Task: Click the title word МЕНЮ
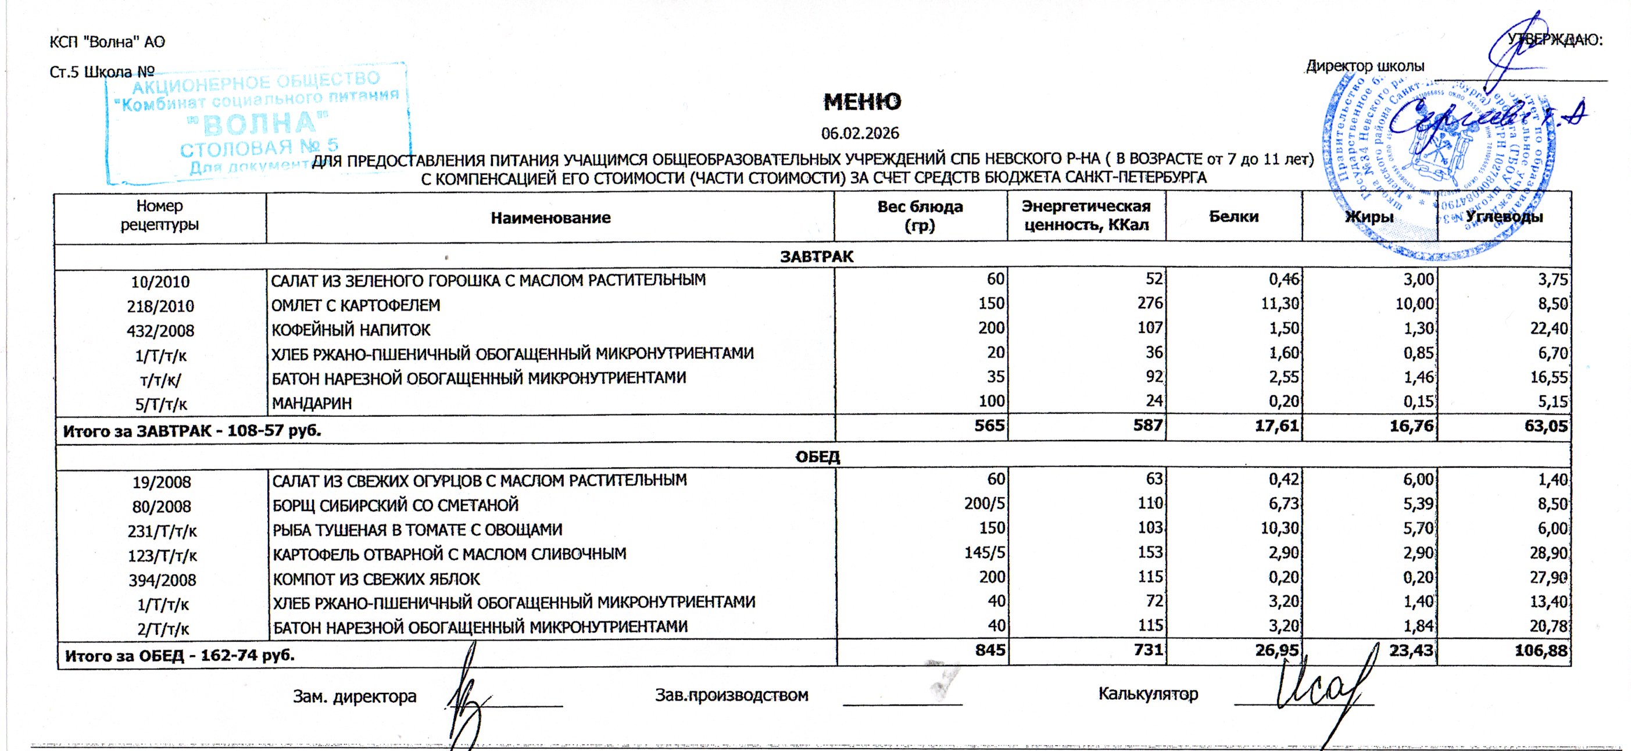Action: click(x=863, y=102)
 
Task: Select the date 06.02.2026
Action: click(x=860, y=134)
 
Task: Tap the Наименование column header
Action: click(x=550, y=218)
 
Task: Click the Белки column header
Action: click(x=1233, y=217)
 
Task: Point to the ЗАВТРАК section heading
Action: click(x=816, y=256)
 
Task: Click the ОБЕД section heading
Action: click(x=817, y=456)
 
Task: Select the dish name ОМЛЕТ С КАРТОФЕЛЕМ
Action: click(x=355, y=305)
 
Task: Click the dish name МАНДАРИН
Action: click(x=312, y=403)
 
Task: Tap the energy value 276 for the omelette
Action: click(x=1150, y=303)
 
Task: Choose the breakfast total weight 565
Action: click(x=991, y=425)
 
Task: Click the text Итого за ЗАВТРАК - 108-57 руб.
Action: click(x=192, y=431)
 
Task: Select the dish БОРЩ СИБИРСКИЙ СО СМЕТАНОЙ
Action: click(x=395, y=505)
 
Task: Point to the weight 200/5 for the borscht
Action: click(x=985, y=503)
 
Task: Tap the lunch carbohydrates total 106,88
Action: click(x=1544, y=651)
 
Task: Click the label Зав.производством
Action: click(x=731, y=695)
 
